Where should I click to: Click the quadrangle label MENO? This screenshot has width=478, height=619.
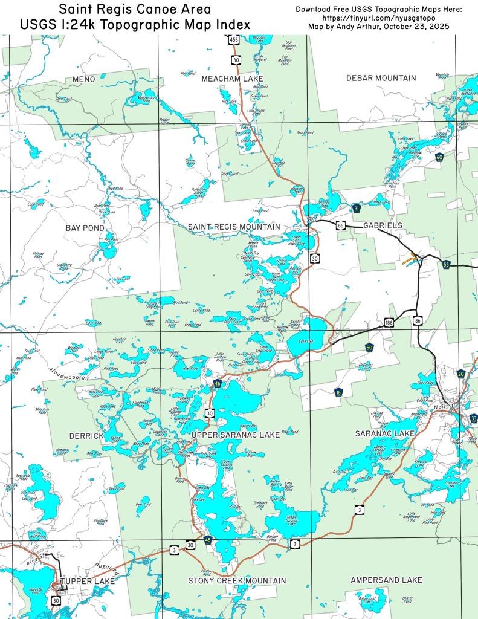84,79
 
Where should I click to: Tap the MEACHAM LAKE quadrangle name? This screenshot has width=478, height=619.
229,79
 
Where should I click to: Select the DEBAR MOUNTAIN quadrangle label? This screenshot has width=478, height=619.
381,78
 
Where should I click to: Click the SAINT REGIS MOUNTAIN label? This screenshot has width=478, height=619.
233,227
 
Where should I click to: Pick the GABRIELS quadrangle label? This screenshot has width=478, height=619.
383,225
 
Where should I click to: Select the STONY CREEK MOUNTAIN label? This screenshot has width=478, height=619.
237,580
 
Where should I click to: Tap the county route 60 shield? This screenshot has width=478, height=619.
439,158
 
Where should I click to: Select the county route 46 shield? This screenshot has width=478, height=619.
217,384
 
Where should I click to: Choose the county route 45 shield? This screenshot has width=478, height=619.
208,540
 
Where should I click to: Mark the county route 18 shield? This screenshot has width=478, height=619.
338,393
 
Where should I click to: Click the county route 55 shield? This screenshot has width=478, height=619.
446,265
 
